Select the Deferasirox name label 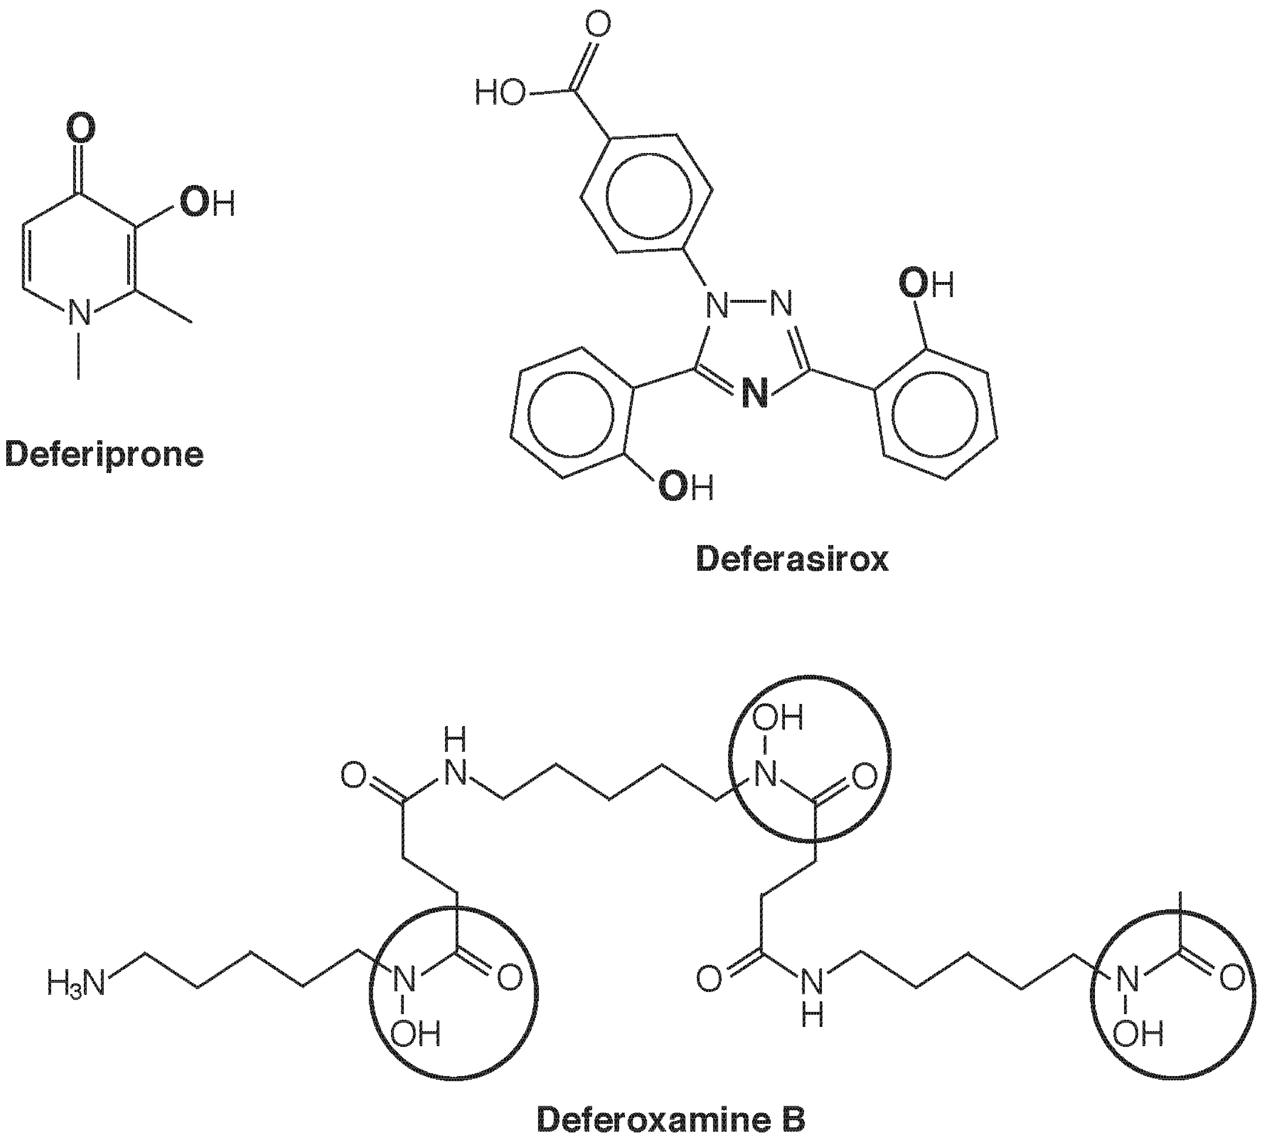[792, 559]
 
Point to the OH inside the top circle [777, 718]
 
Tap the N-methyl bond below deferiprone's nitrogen [79, 354]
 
